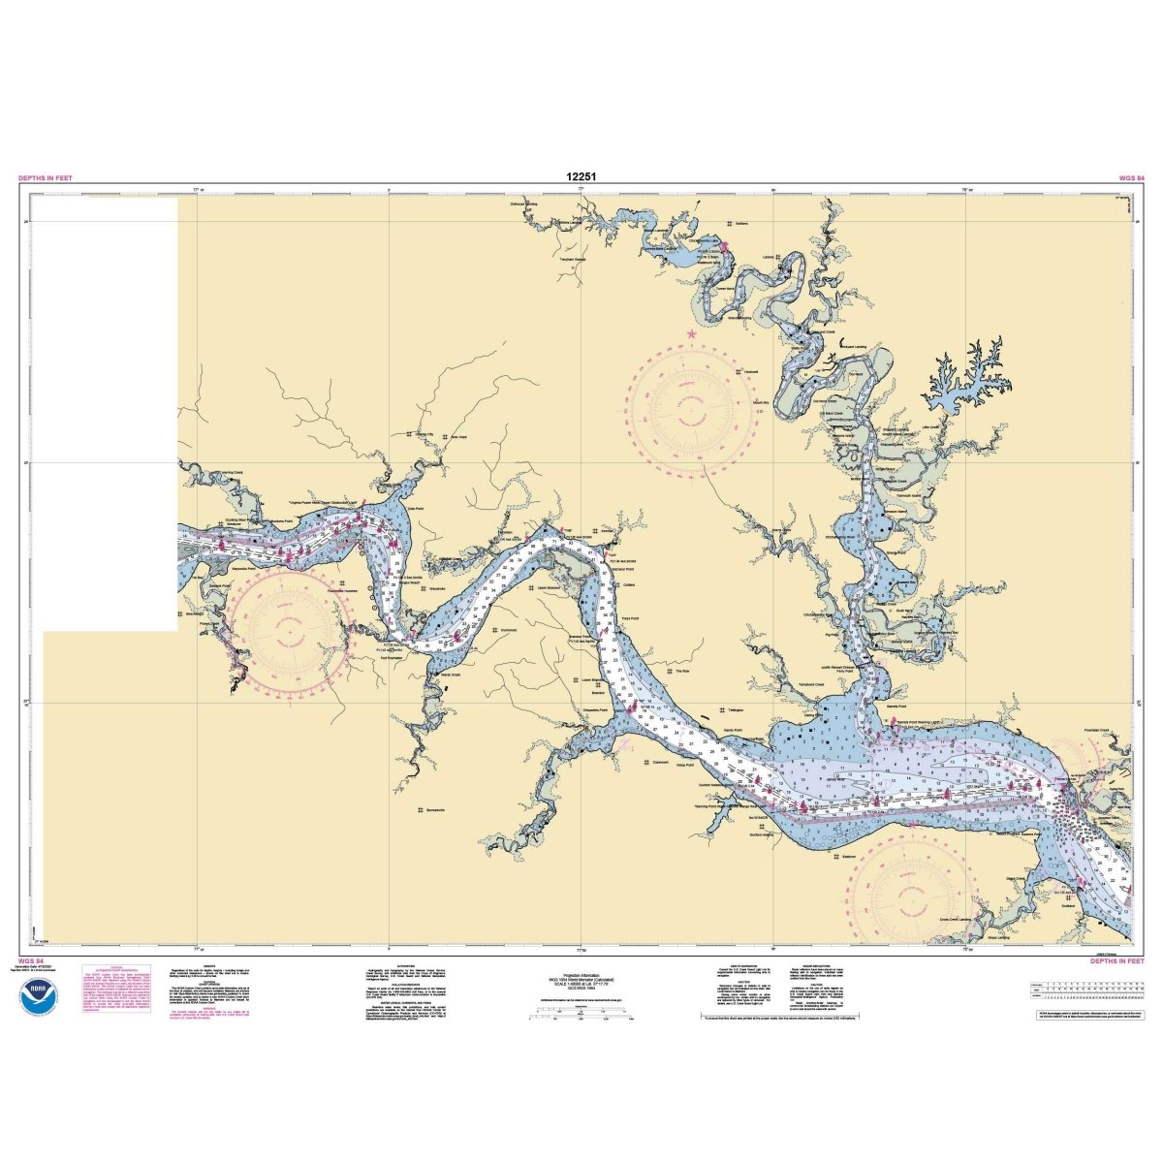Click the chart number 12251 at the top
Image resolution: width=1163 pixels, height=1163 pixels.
point(581,177)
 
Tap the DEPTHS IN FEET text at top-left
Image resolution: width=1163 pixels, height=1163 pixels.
point(45,178)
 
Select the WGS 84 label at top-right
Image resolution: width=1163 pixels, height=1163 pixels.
point(1118,178)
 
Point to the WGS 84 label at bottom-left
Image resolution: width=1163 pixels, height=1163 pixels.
point(28,961)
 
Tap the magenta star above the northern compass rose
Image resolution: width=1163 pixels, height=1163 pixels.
point(691,334)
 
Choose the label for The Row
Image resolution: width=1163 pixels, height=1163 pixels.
point(681,671)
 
